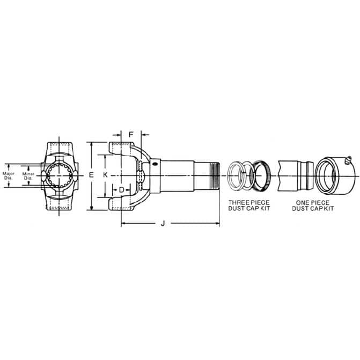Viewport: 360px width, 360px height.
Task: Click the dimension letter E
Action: (x=91, y=175)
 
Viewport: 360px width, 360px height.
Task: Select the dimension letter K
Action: (x=105, y=175)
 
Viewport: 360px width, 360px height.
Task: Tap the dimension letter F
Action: (x=131, y=135)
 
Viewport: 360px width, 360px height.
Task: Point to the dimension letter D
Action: (x=122, y=190)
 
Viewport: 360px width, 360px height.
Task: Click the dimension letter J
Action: (x=163, y=223)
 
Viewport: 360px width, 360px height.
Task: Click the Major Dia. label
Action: (x=9, y=175)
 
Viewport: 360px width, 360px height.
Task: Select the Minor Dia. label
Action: (x=28, y=176)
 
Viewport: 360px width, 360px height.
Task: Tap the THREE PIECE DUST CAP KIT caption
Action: (x=249, y=205)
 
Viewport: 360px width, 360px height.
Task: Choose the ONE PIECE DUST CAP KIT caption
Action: (x=313, y=205)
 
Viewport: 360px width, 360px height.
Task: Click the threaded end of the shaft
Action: (x=215, y=176)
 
